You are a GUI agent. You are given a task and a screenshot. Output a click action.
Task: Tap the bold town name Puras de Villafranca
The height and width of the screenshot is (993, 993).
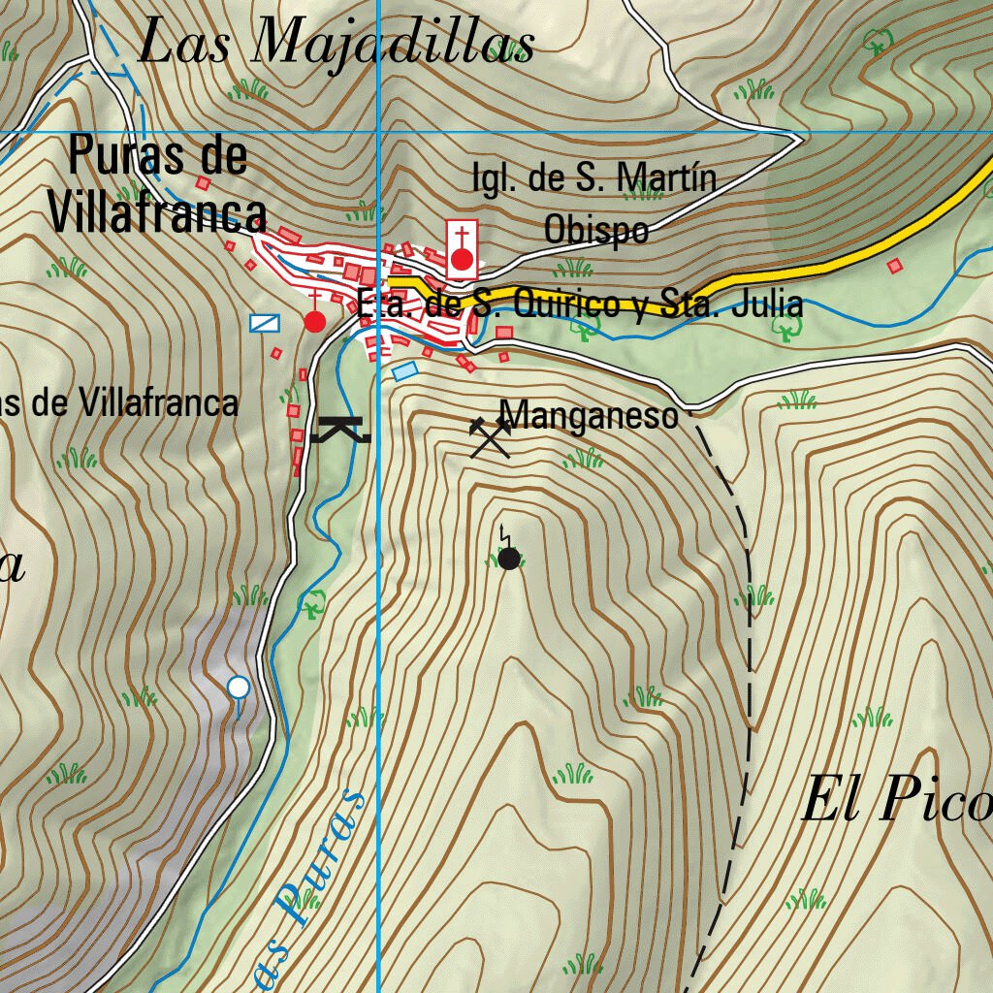pyautogui.click(x=158, y=185)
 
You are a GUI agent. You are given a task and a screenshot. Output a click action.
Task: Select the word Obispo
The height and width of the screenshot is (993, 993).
pyautogui.click(x=595, y=231)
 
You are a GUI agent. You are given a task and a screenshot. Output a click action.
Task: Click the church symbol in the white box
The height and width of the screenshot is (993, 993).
pyautogui.click(x=463, y=249)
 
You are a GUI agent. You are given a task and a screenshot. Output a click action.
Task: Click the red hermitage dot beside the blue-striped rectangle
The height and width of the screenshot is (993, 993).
pyautogui.click(x=314, y=321)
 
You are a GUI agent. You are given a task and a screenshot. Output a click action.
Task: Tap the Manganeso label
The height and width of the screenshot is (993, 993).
pyautogui.click(x=589, y=416)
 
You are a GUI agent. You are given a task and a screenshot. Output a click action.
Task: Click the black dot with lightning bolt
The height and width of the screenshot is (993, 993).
pyautogui.click(x=509, y=557)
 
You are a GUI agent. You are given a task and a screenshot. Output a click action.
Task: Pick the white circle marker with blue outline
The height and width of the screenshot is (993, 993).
pyautogui.click(x=238, y=688)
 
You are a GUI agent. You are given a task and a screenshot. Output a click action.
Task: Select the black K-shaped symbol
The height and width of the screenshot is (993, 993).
pyautogui.click(x=340, y=429)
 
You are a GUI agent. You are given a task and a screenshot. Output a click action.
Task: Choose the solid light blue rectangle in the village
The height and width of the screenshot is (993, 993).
pyautogui.click(x=405, y=370)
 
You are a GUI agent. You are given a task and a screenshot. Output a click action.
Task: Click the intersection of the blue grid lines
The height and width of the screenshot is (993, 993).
pyautogui.click(x=377, y=131)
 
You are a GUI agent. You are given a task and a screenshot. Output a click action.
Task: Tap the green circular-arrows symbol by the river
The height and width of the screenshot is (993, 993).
pyautogui.click(x=312, y=605)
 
